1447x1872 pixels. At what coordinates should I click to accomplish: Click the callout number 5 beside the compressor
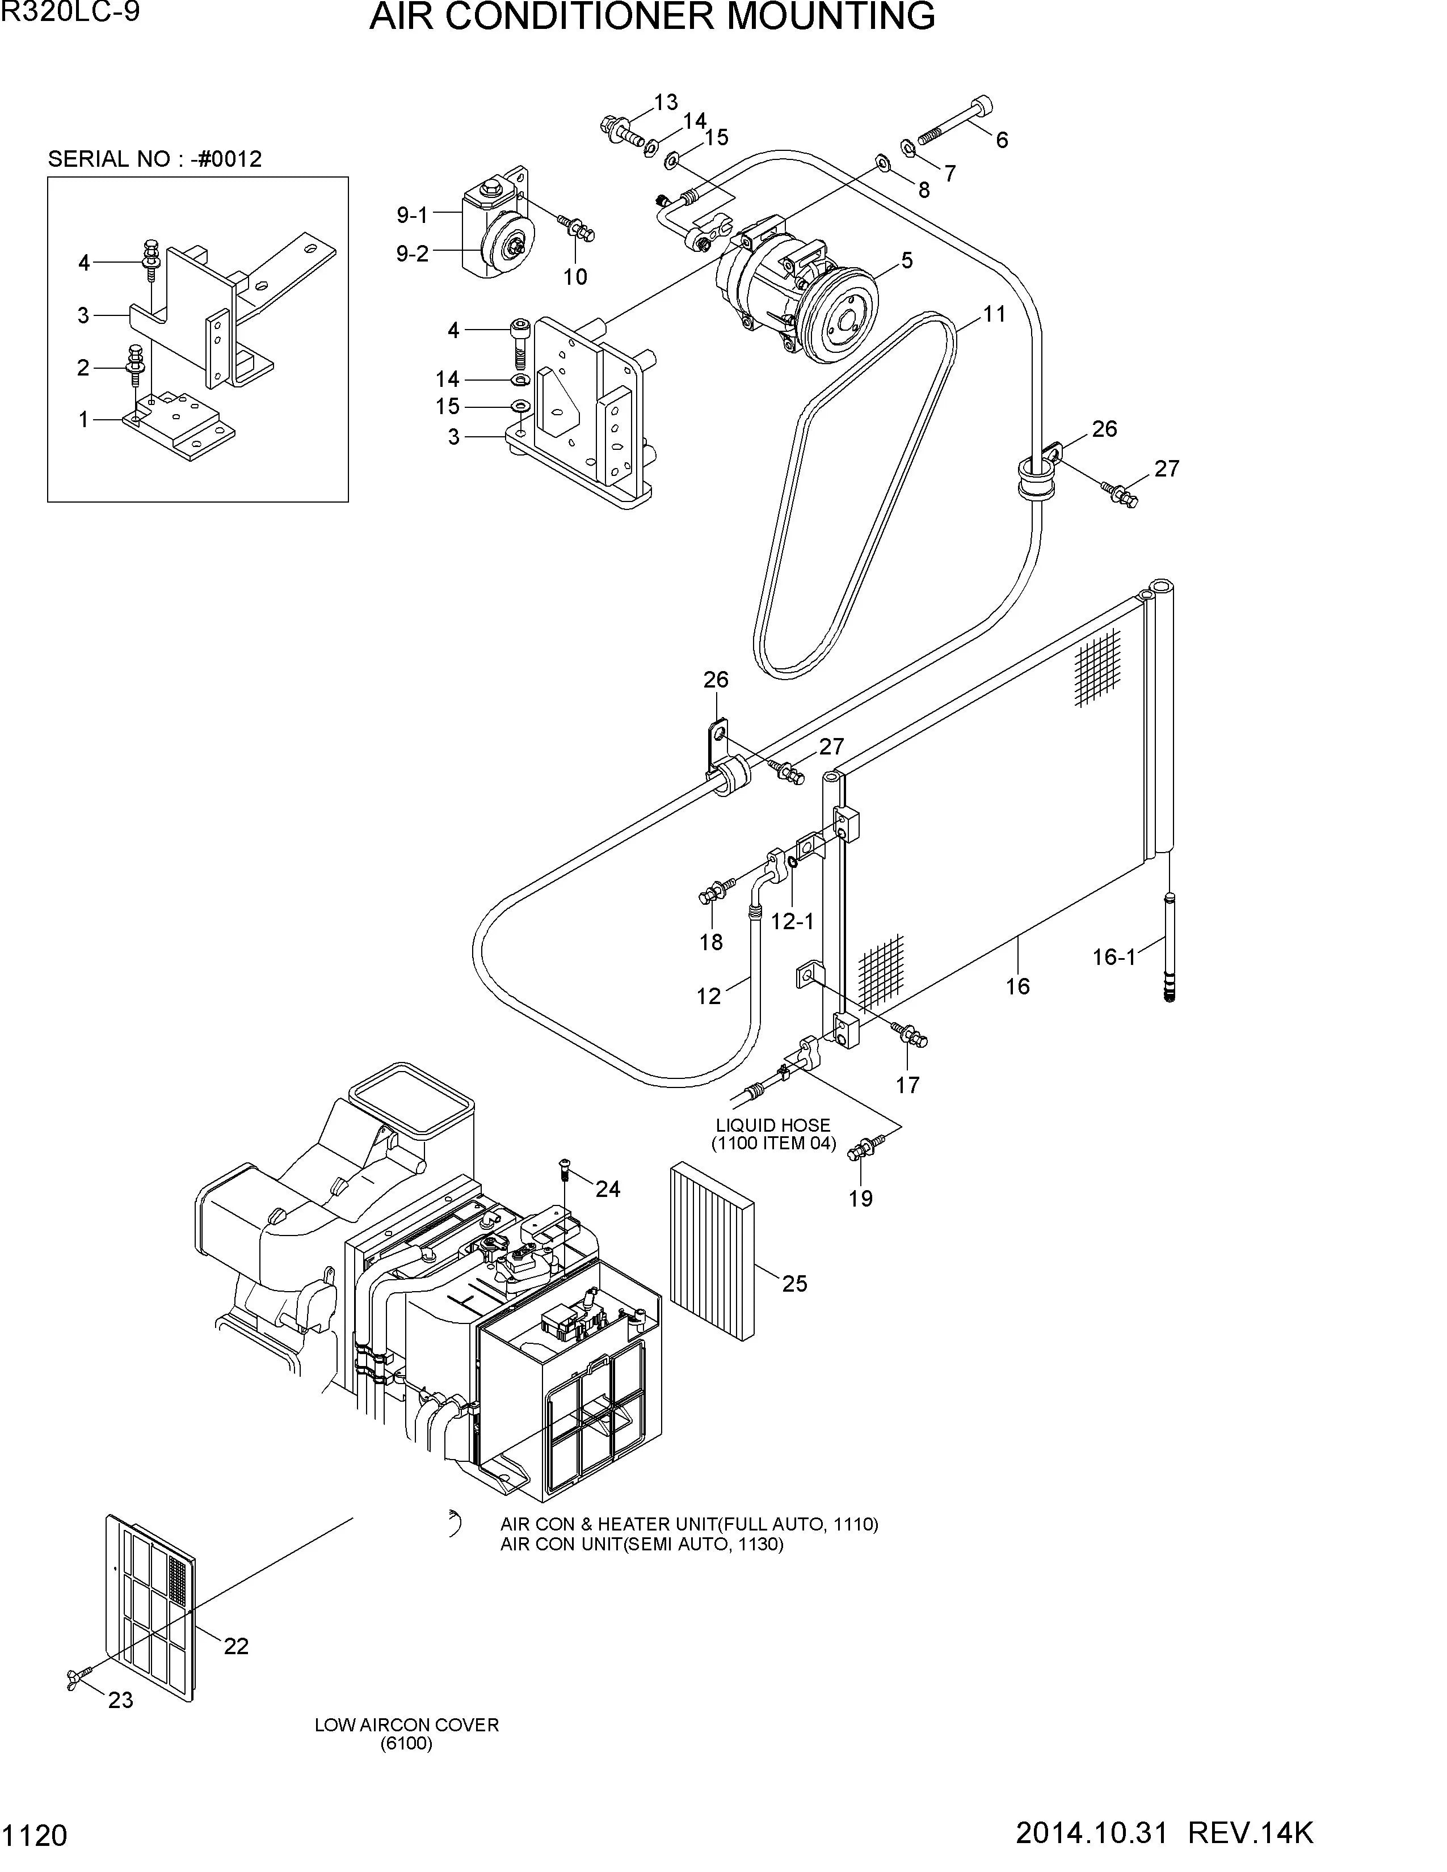(907, 260)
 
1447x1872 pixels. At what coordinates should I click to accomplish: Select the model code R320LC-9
(70, 13)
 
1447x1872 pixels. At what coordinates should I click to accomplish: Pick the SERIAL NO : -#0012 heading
(155, 159)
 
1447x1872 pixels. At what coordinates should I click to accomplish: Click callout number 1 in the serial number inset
(83, 420)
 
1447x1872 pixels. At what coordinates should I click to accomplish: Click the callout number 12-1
(792, 921)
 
